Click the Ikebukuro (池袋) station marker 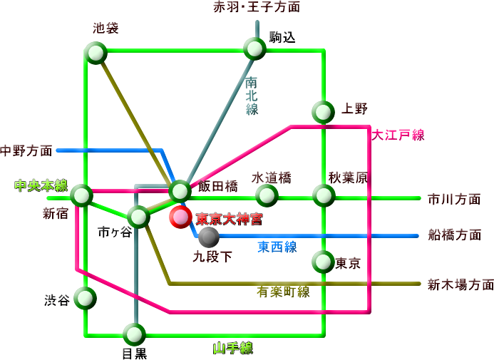(95, 52)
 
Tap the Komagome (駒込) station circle (254, 48)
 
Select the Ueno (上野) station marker (323, 111)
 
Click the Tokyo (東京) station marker (323, 262)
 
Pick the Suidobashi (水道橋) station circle (267, 194)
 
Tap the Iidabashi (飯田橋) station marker (180, 190)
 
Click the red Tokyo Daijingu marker (180, 217)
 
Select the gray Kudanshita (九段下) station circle (209, 236)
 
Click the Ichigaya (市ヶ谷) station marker (138, 215)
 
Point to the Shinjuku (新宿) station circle (82, 194)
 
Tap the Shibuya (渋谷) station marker (85, 298)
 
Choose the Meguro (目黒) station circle (134, 334)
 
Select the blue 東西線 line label (277, 247)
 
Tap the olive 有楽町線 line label (283, 292)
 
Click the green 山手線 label (233, 349)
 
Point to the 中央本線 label (41, 186)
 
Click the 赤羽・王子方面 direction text (257, 7)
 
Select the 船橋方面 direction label (454, 235)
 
